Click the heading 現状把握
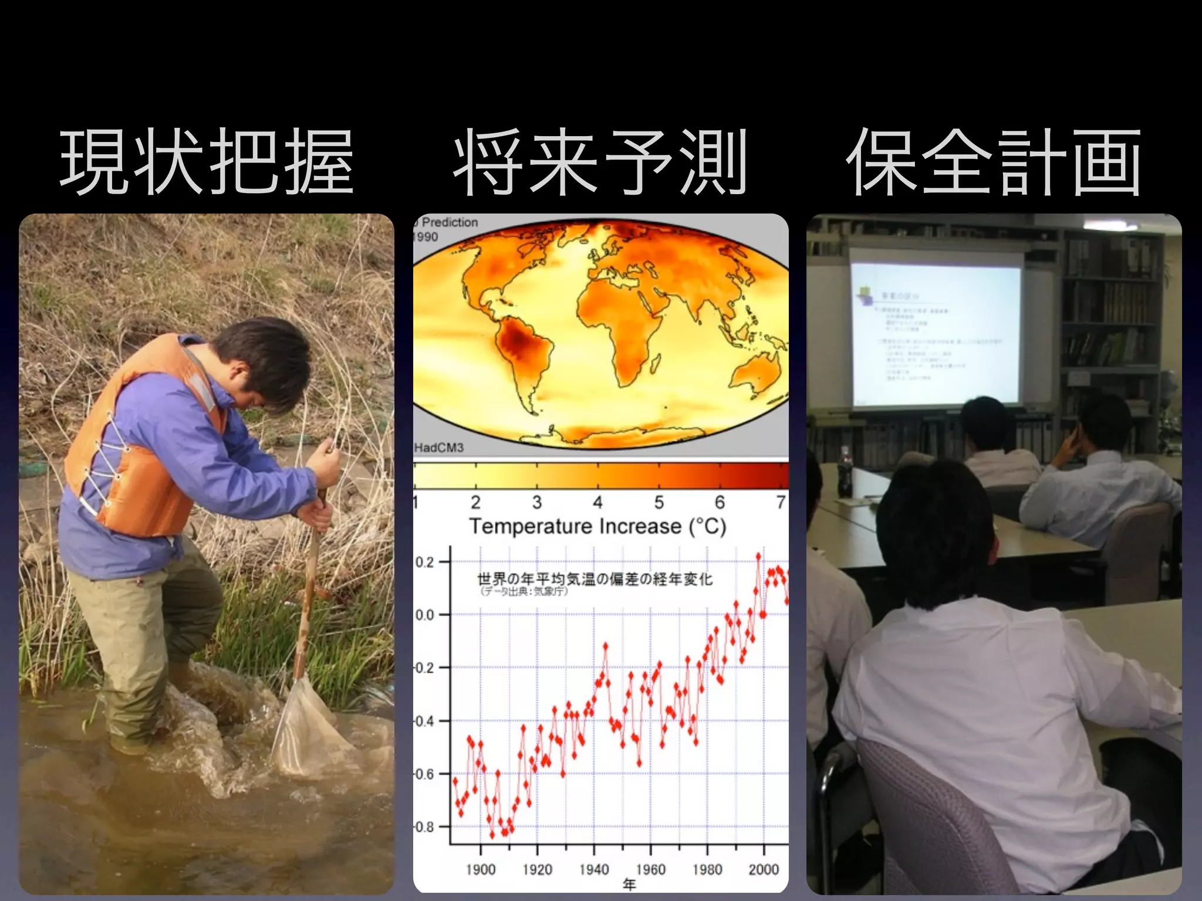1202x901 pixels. tap(207, 162)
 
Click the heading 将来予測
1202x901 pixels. tap(600, 162)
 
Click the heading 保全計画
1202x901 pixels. tap(993, 162)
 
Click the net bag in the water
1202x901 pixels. tap(305, 730)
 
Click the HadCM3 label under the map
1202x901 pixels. tap(439, 448)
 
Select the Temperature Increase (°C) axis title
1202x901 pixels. tap(597, 526)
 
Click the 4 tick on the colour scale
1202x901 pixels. tap(597, 502)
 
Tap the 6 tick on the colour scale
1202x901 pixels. tap(720, 502)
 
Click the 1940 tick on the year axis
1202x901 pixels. tap(594, 869)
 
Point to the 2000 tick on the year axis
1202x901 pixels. tap(764, 869)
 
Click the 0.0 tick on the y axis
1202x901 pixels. tap(425, 615)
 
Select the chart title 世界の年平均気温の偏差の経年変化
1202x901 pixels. tap(595, 579)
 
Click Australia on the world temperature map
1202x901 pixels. tap(757, 372)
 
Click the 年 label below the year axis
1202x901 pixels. tap(629, 885)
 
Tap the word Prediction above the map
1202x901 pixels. tap(450, 222)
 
